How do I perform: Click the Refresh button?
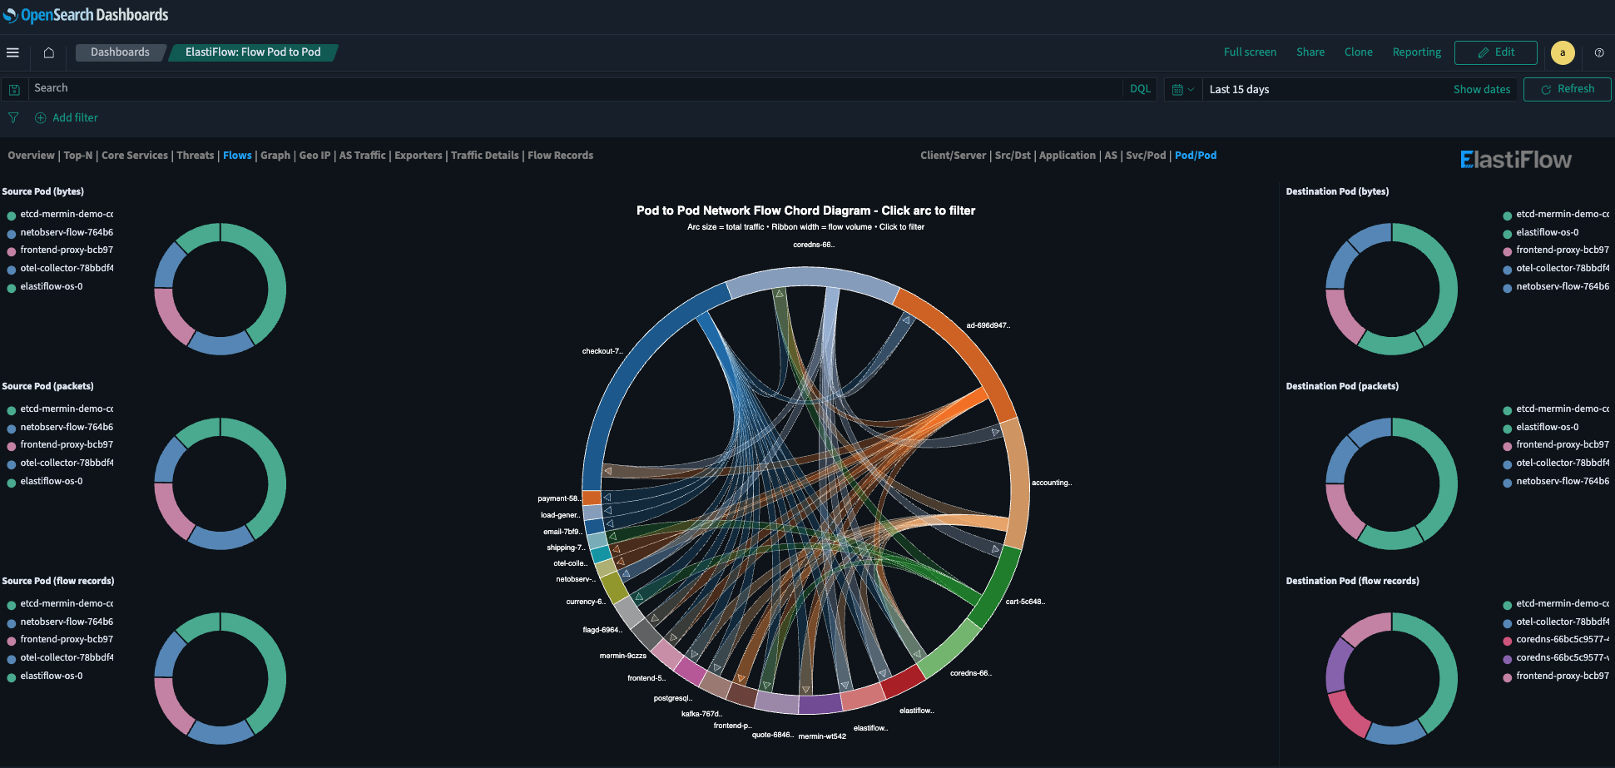[1567, 89]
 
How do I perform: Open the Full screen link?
[1249, 52]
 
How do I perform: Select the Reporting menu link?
[1416, 52]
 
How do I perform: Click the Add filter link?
[75, 118]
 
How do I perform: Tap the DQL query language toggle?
[1140, 89]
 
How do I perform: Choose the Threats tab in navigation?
[195, 156]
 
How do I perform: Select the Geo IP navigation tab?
[315, 156]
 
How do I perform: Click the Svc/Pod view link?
[1145, 156]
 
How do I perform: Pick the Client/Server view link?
[953, 156]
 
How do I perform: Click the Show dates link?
[1481, 89]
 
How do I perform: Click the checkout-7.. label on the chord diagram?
[602, 351]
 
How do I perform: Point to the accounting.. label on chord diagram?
[1051, 483]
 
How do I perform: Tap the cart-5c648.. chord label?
[1024, 602]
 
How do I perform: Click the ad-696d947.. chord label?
[988, 325]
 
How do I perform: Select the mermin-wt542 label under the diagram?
[822, 736]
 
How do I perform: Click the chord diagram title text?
[805, 211]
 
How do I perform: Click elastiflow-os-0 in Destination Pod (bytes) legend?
[1546, 232]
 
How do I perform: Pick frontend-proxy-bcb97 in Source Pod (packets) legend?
[67, 444]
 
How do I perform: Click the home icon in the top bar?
[49, 52]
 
